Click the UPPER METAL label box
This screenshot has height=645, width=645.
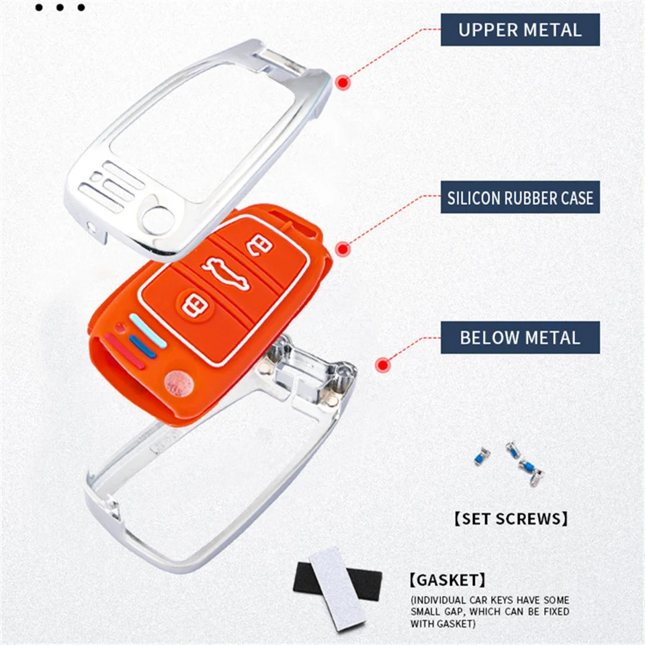pyautogui.click(x=520, y=30)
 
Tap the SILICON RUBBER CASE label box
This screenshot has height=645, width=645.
pyautogui.click(x=520, y=198)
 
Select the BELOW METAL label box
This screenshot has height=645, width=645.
pyautogui.click(x=520, y=337)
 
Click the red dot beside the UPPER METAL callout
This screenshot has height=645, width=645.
pyautogui.click(x=343, y=83)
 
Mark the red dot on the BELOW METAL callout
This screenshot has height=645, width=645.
pyautogui.click(x=383, y=365)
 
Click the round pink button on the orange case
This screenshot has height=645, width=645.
pyautogui.click(x=179, y=382)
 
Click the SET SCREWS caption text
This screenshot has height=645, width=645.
pyautogui.click(x=511, y=518)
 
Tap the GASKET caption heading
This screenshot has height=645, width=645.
pyautogui.click(x=447, y=579)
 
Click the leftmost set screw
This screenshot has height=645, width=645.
pyautogui.click(x=482, y=456)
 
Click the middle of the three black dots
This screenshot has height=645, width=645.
pyautogui.click(x=60, y=8)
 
